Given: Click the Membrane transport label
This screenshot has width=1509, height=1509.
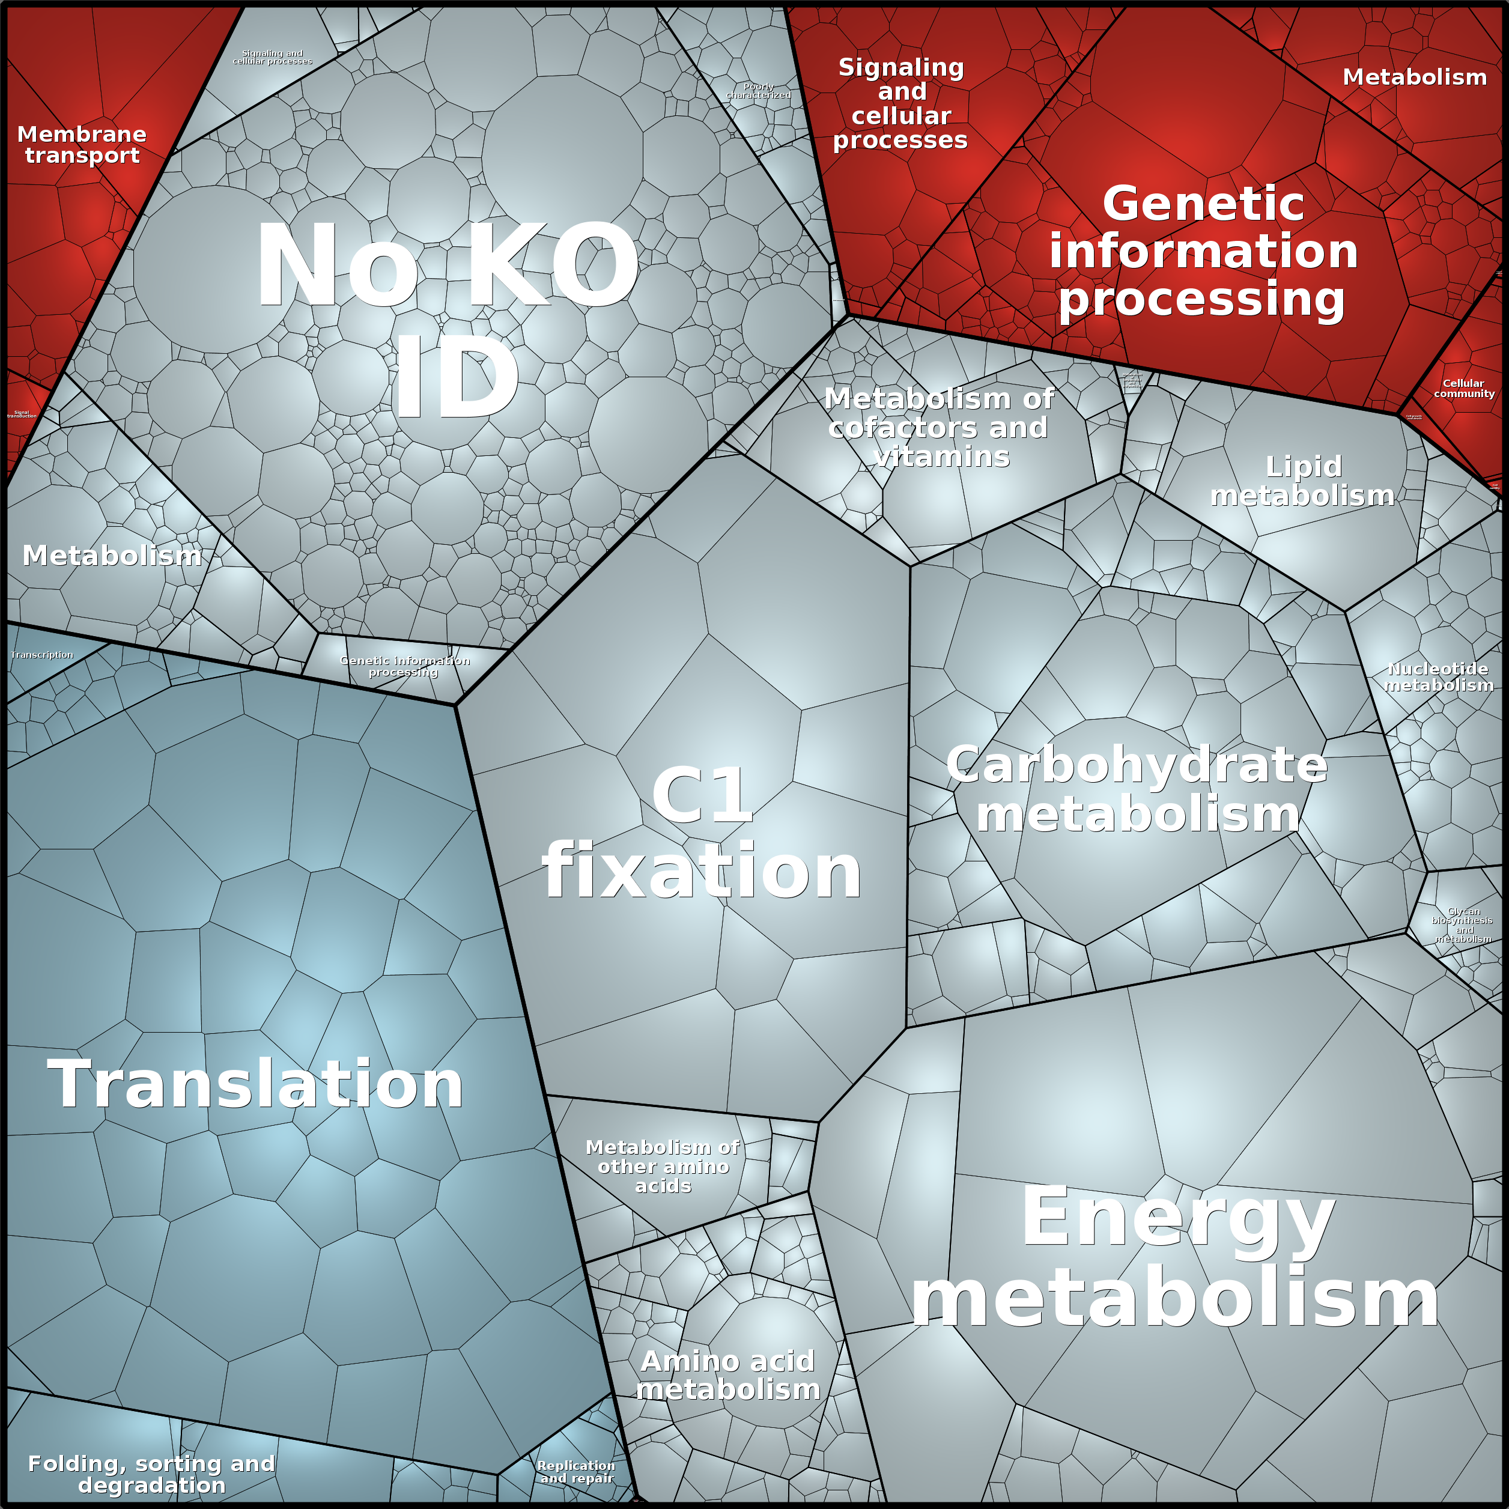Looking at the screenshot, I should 82,145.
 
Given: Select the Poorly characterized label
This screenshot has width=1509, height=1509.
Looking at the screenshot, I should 759,91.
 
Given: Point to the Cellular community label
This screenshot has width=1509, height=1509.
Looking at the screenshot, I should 1464,388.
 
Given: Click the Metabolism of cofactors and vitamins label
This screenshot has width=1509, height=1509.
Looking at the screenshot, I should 940,427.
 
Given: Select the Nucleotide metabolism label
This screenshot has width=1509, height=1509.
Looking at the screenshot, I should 1439,677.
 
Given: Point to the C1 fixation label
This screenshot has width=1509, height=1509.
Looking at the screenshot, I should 702,833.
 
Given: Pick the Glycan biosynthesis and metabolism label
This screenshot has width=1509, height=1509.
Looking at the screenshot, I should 1462,926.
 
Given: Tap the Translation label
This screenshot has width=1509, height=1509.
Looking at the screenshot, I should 255,1084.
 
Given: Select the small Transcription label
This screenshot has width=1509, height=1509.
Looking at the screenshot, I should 42,655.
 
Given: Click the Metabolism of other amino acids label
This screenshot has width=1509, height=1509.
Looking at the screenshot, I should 663,1166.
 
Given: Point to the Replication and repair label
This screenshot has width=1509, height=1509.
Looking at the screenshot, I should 577,1472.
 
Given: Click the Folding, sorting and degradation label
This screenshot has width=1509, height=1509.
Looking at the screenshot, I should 151,1474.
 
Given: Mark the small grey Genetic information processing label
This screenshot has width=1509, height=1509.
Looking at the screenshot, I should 405,666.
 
